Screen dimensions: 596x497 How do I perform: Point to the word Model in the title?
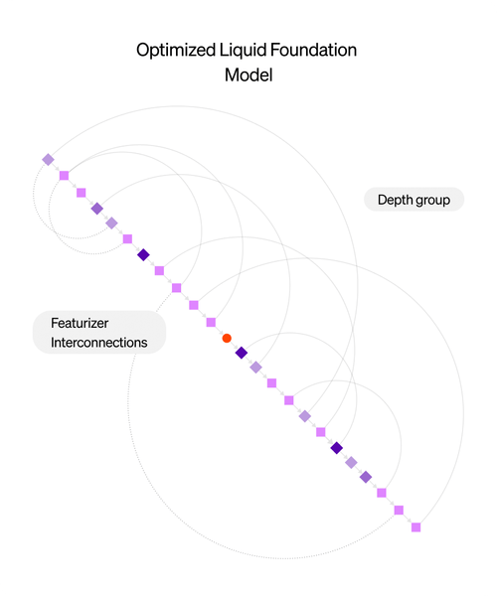248,75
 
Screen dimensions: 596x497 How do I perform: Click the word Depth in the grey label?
394,200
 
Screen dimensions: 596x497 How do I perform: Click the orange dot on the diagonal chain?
227,339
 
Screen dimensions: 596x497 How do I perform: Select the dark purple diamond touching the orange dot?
241,353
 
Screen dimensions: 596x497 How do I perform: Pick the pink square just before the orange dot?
211,322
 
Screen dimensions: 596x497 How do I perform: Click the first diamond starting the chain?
48,159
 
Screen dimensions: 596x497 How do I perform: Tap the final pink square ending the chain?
416,526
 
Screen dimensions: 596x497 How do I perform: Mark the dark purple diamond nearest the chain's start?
143,255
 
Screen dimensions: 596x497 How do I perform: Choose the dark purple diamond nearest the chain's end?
336,448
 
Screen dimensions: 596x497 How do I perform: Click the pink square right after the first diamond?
64,176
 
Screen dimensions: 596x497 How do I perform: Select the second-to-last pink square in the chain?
399,510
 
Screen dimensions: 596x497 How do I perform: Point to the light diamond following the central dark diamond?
255,367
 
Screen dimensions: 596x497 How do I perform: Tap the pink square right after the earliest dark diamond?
159,270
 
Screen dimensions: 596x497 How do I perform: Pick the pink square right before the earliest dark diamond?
127,238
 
